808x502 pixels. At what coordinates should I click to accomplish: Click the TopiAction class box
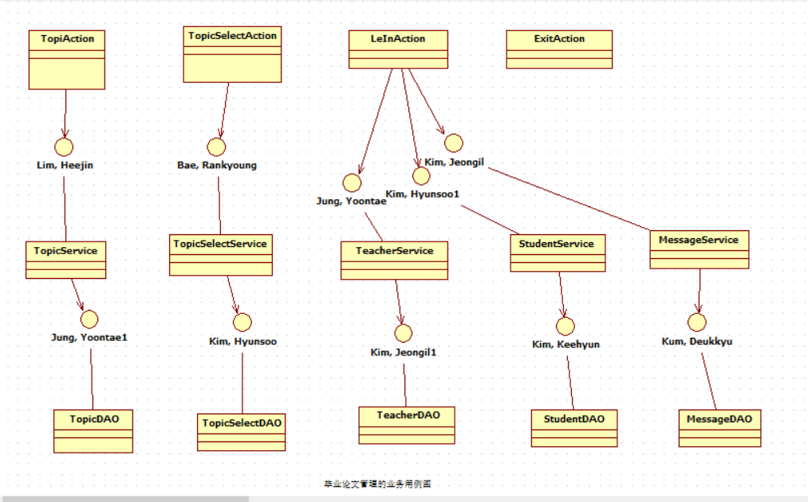point(67,60)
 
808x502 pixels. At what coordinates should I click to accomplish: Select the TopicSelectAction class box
point(232,54)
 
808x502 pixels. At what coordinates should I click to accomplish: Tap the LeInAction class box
point(398,49)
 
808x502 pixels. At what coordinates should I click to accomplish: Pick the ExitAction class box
point(559,49)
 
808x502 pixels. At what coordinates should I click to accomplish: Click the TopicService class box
point(65,260)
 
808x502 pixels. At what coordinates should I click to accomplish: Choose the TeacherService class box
point(394,261)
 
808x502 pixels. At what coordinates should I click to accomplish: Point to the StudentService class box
point(557,253)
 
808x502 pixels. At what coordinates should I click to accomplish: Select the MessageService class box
point(699,249)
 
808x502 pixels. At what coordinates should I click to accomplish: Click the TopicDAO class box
point(93,430)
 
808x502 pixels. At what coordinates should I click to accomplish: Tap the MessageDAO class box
point(719,429)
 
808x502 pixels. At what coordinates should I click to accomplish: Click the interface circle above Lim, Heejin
point(64,147)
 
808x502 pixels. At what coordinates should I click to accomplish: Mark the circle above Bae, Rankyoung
point(216,147)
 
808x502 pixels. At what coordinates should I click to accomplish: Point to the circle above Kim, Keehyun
point(566,326)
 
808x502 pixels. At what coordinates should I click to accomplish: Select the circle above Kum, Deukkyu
point(697,323)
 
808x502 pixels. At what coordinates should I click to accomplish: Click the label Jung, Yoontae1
point(89,337)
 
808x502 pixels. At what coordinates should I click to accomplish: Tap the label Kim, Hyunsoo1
point(423,194)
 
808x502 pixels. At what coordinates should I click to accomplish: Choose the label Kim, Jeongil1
point(404,351)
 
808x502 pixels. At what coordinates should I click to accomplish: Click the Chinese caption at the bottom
point(377,484)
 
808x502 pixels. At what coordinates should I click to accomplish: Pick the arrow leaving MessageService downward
point(700,291)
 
